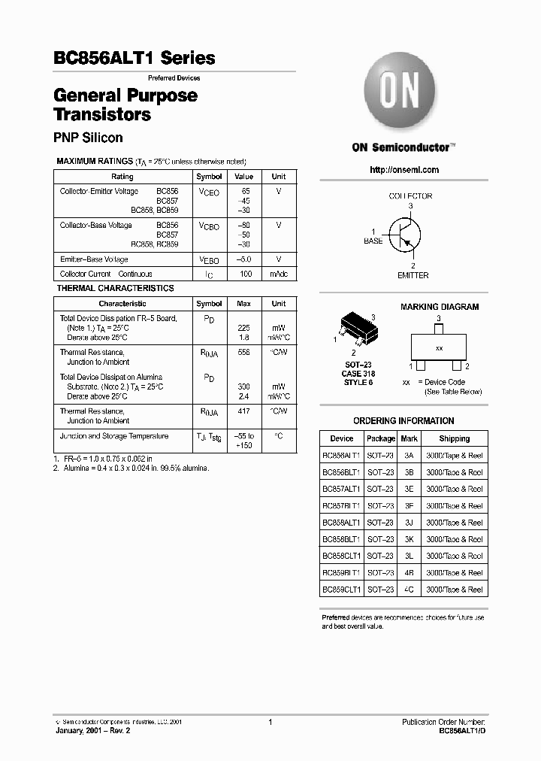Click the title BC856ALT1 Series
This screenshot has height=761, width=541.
pos(134,58)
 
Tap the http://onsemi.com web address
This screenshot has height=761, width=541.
pos(404,170)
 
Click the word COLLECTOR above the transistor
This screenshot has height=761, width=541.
pos(410,196)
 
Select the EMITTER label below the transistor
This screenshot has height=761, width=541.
pos(413,275)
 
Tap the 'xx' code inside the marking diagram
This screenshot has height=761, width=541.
pos(440,349)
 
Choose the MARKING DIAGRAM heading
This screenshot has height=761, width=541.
pos(440,307)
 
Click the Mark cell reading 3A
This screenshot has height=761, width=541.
pos(409,456)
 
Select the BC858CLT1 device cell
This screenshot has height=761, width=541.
pos(342,556)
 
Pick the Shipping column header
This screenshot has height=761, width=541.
pos(455,438)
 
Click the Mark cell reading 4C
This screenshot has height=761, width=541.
pos(409,590)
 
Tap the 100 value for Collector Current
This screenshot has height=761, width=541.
pos(245,274)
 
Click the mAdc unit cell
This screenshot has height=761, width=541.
pos(279,274)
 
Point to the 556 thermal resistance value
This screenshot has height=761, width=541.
pos(244,352)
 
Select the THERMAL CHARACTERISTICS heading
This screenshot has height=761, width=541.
pos(116,288)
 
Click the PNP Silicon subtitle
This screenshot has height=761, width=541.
pos(88,138)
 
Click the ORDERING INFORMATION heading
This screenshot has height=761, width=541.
pos(403,421)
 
